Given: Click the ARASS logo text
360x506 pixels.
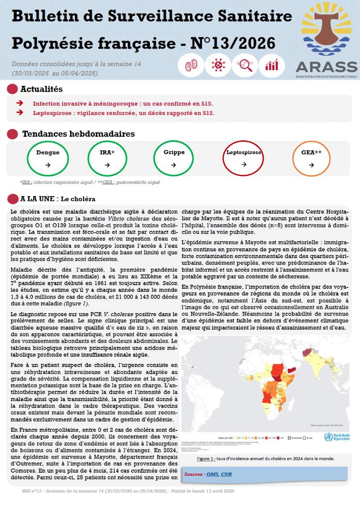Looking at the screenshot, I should pyautogui.click(x=326, y=66).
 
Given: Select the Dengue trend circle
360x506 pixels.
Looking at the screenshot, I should pyautogui.click(x=48, y=159).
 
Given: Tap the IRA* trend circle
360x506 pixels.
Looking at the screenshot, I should pyautogui.click(x=107, y=159).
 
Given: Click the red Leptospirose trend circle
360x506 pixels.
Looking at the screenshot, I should pyautogui.click(x=243, y=159).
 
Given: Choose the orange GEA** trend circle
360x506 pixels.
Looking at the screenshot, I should pyautogui.click(x=311, y=159).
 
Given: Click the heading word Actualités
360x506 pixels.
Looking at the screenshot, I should pyautogui.click(x=41, y=89).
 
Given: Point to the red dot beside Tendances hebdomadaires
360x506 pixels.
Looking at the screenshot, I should pyautogui.click(x=13, y=134).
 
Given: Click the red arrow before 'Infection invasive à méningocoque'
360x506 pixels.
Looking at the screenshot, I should pyautogui.click(x=20, y=103).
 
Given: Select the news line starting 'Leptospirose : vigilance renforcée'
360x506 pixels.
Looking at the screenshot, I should pyautogui.click(x=123, y=113).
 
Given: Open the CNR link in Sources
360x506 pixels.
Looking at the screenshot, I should pyautogui.click(x=226, y=474).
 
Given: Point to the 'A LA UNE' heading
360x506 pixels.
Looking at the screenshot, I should pyautogui.click(x=38, y=199).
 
